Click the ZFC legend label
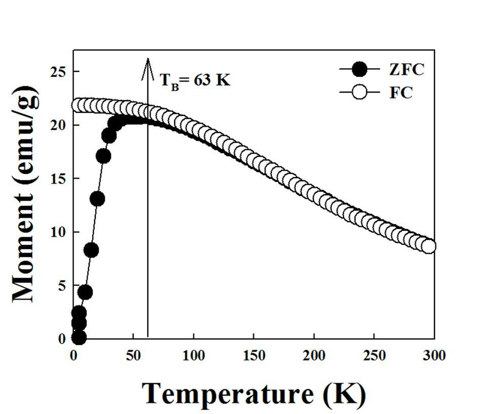(x=406, y=70)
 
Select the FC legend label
(x=401, y=93)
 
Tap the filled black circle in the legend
(x=360, y=69)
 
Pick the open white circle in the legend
(x=360, y=92)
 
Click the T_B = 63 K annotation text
(x=195, y=81)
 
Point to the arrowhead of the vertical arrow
(x=147, y=59)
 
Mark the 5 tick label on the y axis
(x=62, y=286)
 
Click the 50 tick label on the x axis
(x=133, y=356)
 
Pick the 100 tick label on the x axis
(x=193, y=356)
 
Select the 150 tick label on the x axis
(x=254, y=356)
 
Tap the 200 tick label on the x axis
(x=314, y=356)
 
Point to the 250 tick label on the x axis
(x=374, y=356)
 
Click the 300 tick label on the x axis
(x=434, y=356)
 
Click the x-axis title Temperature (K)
(x=254, y=394)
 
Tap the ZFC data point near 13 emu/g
(x=97, y=199)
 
